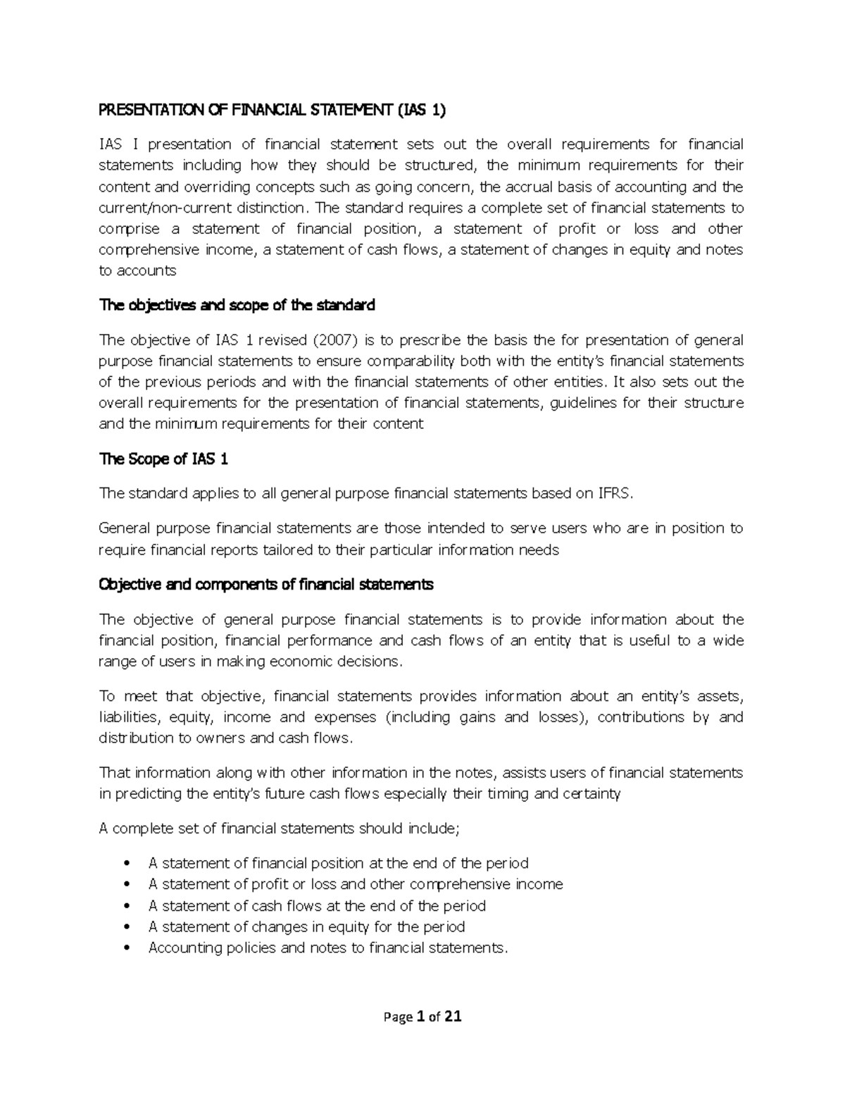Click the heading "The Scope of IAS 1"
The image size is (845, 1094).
coord(165,459)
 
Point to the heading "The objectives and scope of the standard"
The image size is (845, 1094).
coord(237,305)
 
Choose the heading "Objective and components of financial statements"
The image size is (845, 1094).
coord(267,585)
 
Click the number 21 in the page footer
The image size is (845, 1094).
coord(453,1017)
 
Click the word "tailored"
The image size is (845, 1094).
coord(275,550)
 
